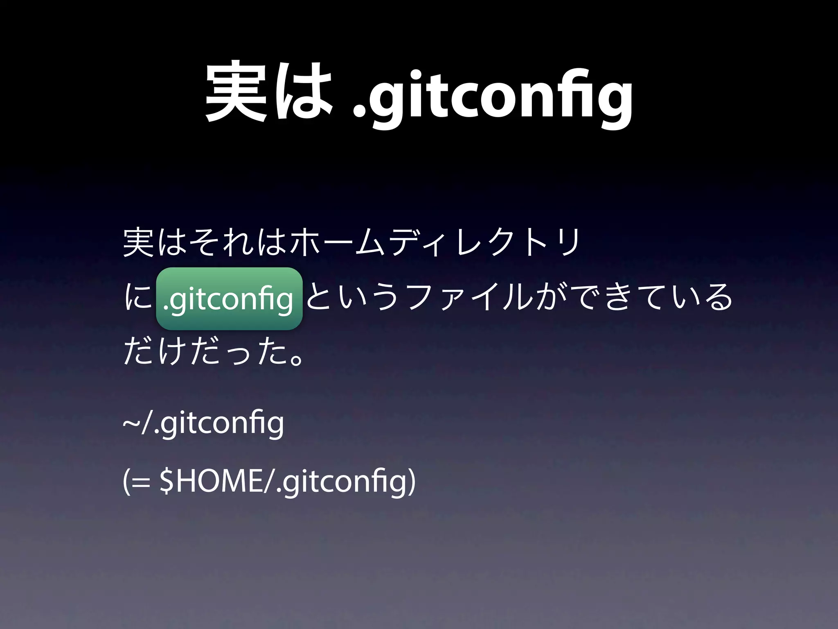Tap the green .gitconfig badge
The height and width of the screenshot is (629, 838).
click(x=229, y=299)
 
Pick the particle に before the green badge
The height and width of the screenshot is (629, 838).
click(x=137, y=299)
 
